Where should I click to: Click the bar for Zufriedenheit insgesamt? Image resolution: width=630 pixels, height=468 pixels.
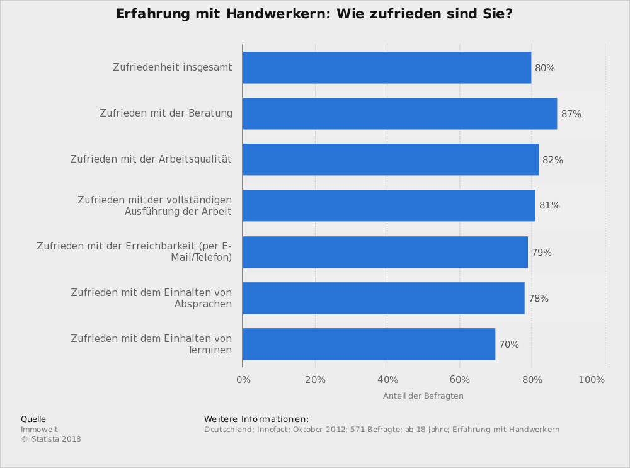click(386, 67)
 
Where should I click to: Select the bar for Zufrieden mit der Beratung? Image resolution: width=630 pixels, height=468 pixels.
click(399, 113)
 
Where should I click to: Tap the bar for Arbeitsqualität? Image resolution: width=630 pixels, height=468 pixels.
click(391, 159)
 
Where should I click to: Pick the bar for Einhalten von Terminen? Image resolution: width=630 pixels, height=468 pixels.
click(369, 344)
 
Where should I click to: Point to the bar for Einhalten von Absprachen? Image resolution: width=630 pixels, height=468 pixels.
click(383, 298)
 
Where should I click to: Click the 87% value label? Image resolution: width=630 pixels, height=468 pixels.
click(571, 114)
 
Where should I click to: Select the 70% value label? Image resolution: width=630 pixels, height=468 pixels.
click(509, 345)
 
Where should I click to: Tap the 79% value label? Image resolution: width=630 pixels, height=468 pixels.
click(542, 253)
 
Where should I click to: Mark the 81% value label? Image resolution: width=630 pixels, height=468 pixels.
click(549, 205)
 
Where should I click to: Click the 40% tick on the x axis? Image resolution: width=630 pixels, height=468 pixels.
click(387, 380)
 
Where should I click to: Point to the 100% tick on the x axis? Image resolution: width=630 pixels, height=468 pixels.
click(592, 380)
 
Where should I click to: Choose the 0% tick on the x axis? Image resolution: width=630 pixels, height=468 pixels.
click(243, 380)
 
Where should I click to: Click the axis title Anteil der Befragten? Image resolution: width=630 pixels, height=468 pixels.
click(423, 396)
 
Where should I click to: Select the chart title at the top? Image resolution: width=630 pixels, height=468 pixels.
click(314, 14)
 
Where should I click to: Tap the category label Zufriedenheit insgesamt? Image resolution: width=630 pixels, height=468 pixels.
click(173, 67)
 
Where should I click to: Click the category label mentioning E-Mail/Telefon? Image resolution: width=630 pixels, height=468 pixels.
click(134, 252)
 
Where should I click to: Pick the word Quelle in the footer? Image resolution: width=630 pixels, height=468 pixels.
click(33, 419)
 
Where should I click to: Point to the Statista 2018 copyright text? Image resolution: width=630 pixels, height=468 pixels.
click(51, 439)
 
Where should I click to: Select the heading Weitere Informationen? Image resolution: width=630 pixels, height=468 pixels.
click(256, 419)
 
